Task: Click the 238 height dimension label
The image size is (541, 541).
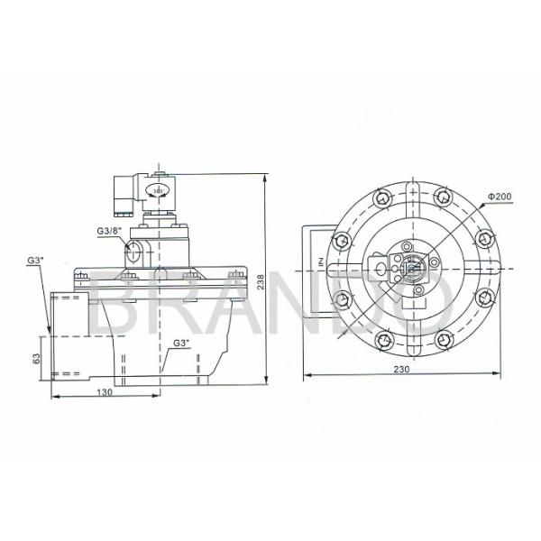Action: [260, 282]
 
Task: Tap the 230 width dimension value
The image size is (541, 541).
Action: [402, 368]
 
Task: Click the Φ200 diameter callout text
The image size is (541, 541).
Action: [500, 196]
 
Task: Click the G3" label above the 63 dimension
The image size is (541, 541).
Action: [36, 260]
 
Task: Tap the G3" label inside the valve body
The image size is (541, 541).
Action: [179, 344]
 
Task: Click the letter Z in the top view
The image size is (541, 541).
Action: [319, 262]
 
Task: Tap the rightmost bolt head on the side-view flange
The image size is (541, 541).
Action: [236, 273]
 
